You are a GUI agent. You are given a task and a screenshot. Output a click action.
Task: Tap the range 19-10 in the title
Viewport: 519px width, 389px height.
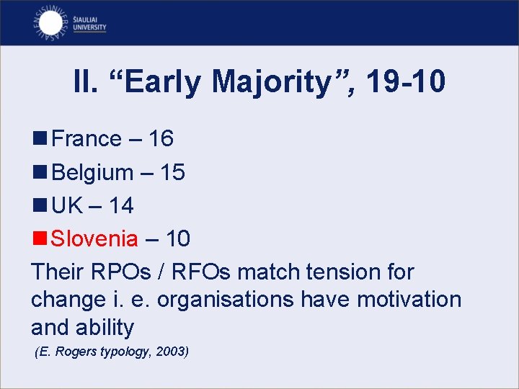(x=406, y=82)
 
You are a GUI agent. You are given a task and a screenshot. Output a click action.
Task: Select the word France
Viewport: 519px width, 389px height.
(x=87, y=138)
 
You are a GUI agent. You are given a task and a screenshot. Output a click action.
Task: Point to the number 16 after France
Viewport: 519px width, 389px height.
(x=161, y=138)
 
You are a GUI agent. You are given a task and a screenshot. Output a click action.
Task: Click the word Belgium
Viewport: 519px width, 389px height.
(x=93, y=172)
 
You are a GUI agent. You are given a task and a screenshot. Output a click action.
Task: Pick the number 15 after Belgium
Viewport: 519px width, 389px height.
(x=172, y=172)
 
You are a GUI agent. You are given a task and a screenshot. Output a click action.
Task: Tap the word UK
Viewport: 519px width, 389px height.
(x=68, y=206)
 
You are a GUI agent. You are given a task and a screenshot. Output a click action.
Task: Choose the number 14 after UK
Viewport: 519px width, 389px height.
(x=121, y=206)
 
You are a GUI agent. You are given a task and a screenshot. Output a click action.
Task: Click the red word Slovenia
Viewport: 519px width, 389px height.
(x=94, y=238)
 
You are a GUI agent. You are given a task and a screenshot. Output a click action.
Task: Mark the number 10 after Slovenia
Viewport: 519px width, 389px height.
(x=177, y=238)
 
